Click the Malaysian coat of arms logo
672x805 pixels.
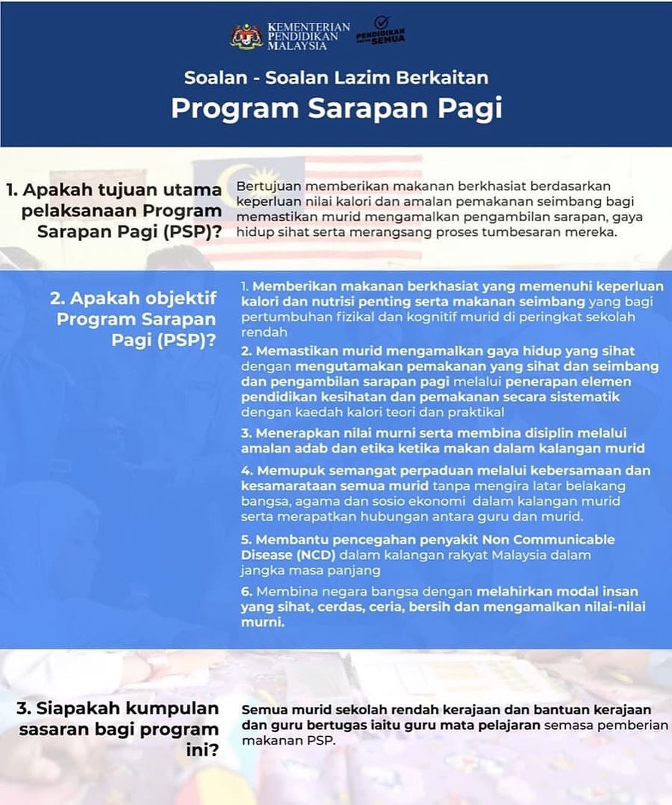click(247, 36)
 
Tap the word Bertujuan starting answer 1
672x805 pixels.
click(268, 186)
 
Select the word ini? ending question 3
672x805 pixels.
click(202, 750)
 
